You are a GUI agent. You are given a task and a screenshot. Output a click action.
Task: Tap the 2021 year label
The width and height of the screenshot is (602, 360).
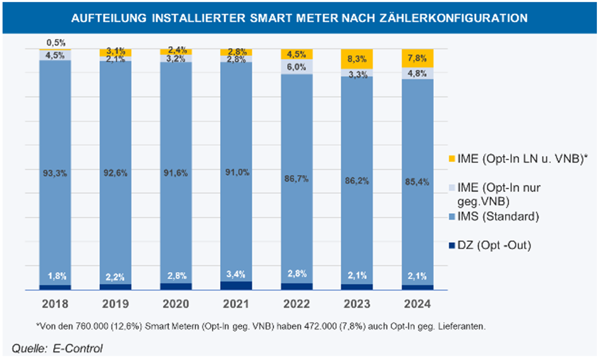236,304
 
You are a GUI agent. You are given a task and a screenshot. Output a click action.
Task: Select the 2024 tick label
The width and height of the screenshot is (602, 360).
417,304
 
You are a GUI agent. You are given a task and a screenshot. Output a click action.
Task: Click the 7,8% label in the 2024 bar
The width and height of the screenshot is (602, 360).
417,58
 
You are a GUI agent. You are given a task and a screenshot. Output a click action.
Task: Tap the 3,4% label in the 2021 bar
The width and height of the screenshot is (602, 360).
236,274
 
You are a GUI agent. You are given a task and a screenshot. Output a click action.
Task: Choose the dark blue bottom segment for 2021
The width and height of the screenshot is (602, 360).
236,285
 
